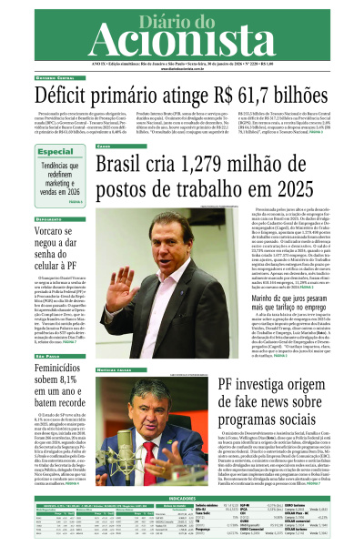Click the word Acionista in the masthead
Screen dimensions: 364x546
[182, 41]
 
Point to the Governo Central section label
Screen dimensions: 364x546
[31, 78]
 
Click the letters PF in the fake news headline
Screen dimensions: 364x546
[206, 388]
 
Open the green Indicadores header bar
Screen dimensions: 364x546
[182, 473]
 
